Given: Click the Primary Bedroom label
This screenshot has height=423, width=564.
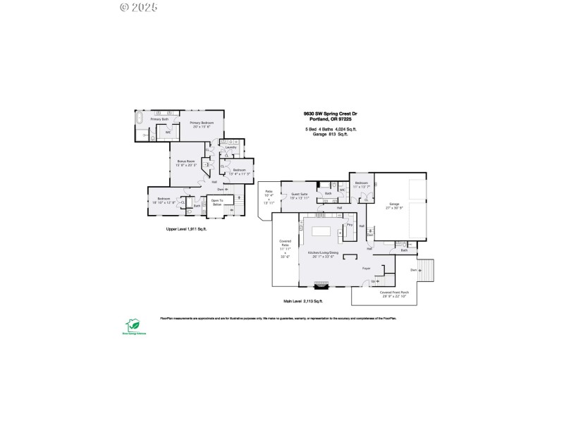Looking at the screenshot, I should point(207,124).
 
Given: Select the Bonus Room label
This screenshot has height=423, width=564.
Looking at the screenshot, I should point(187,163).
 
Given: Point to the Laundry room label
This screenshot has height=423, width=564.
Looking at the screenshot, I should point(231,147).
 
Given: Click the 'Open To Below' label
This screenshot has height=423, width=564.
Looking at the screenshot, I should point(217,203).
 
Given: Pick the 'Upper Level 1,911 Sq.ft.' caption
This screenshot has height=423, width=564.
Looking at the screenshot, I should point(186,229).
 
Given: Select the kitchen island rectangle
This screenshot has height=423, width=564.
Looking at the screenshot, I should point(321,231).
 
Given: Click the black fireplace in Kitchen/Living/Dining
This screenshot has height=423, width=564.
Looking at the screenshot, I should point(321,285).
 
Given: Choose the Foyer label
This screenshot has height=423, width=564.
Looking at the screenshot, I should point(367,269).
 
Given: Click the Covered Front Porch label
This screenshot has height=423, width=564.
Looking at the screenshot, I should point(394,293).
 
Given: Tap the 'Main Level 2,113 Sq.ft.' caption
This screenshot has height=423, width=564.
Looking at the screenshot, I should point(303,301).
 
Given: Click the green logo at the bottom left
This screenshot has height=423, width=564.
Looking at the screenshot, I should point(131,325).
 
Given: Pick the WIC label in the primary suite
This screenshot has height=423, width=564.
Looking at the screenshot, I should point(168,133).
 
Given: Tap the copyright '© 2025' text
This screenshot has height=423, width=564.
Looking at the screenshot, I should point(139,7).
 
